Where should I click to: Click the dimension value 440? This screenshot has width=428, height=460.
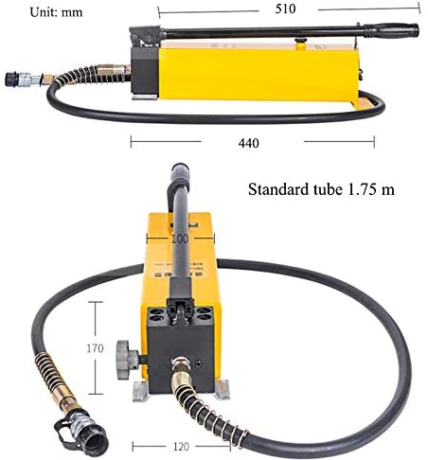(250, 143)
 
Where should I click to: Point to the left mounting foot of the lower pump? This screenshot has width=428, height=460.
(140, 391)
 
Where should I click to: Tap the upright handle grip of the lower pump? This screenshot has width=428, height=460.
(179, 189)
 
